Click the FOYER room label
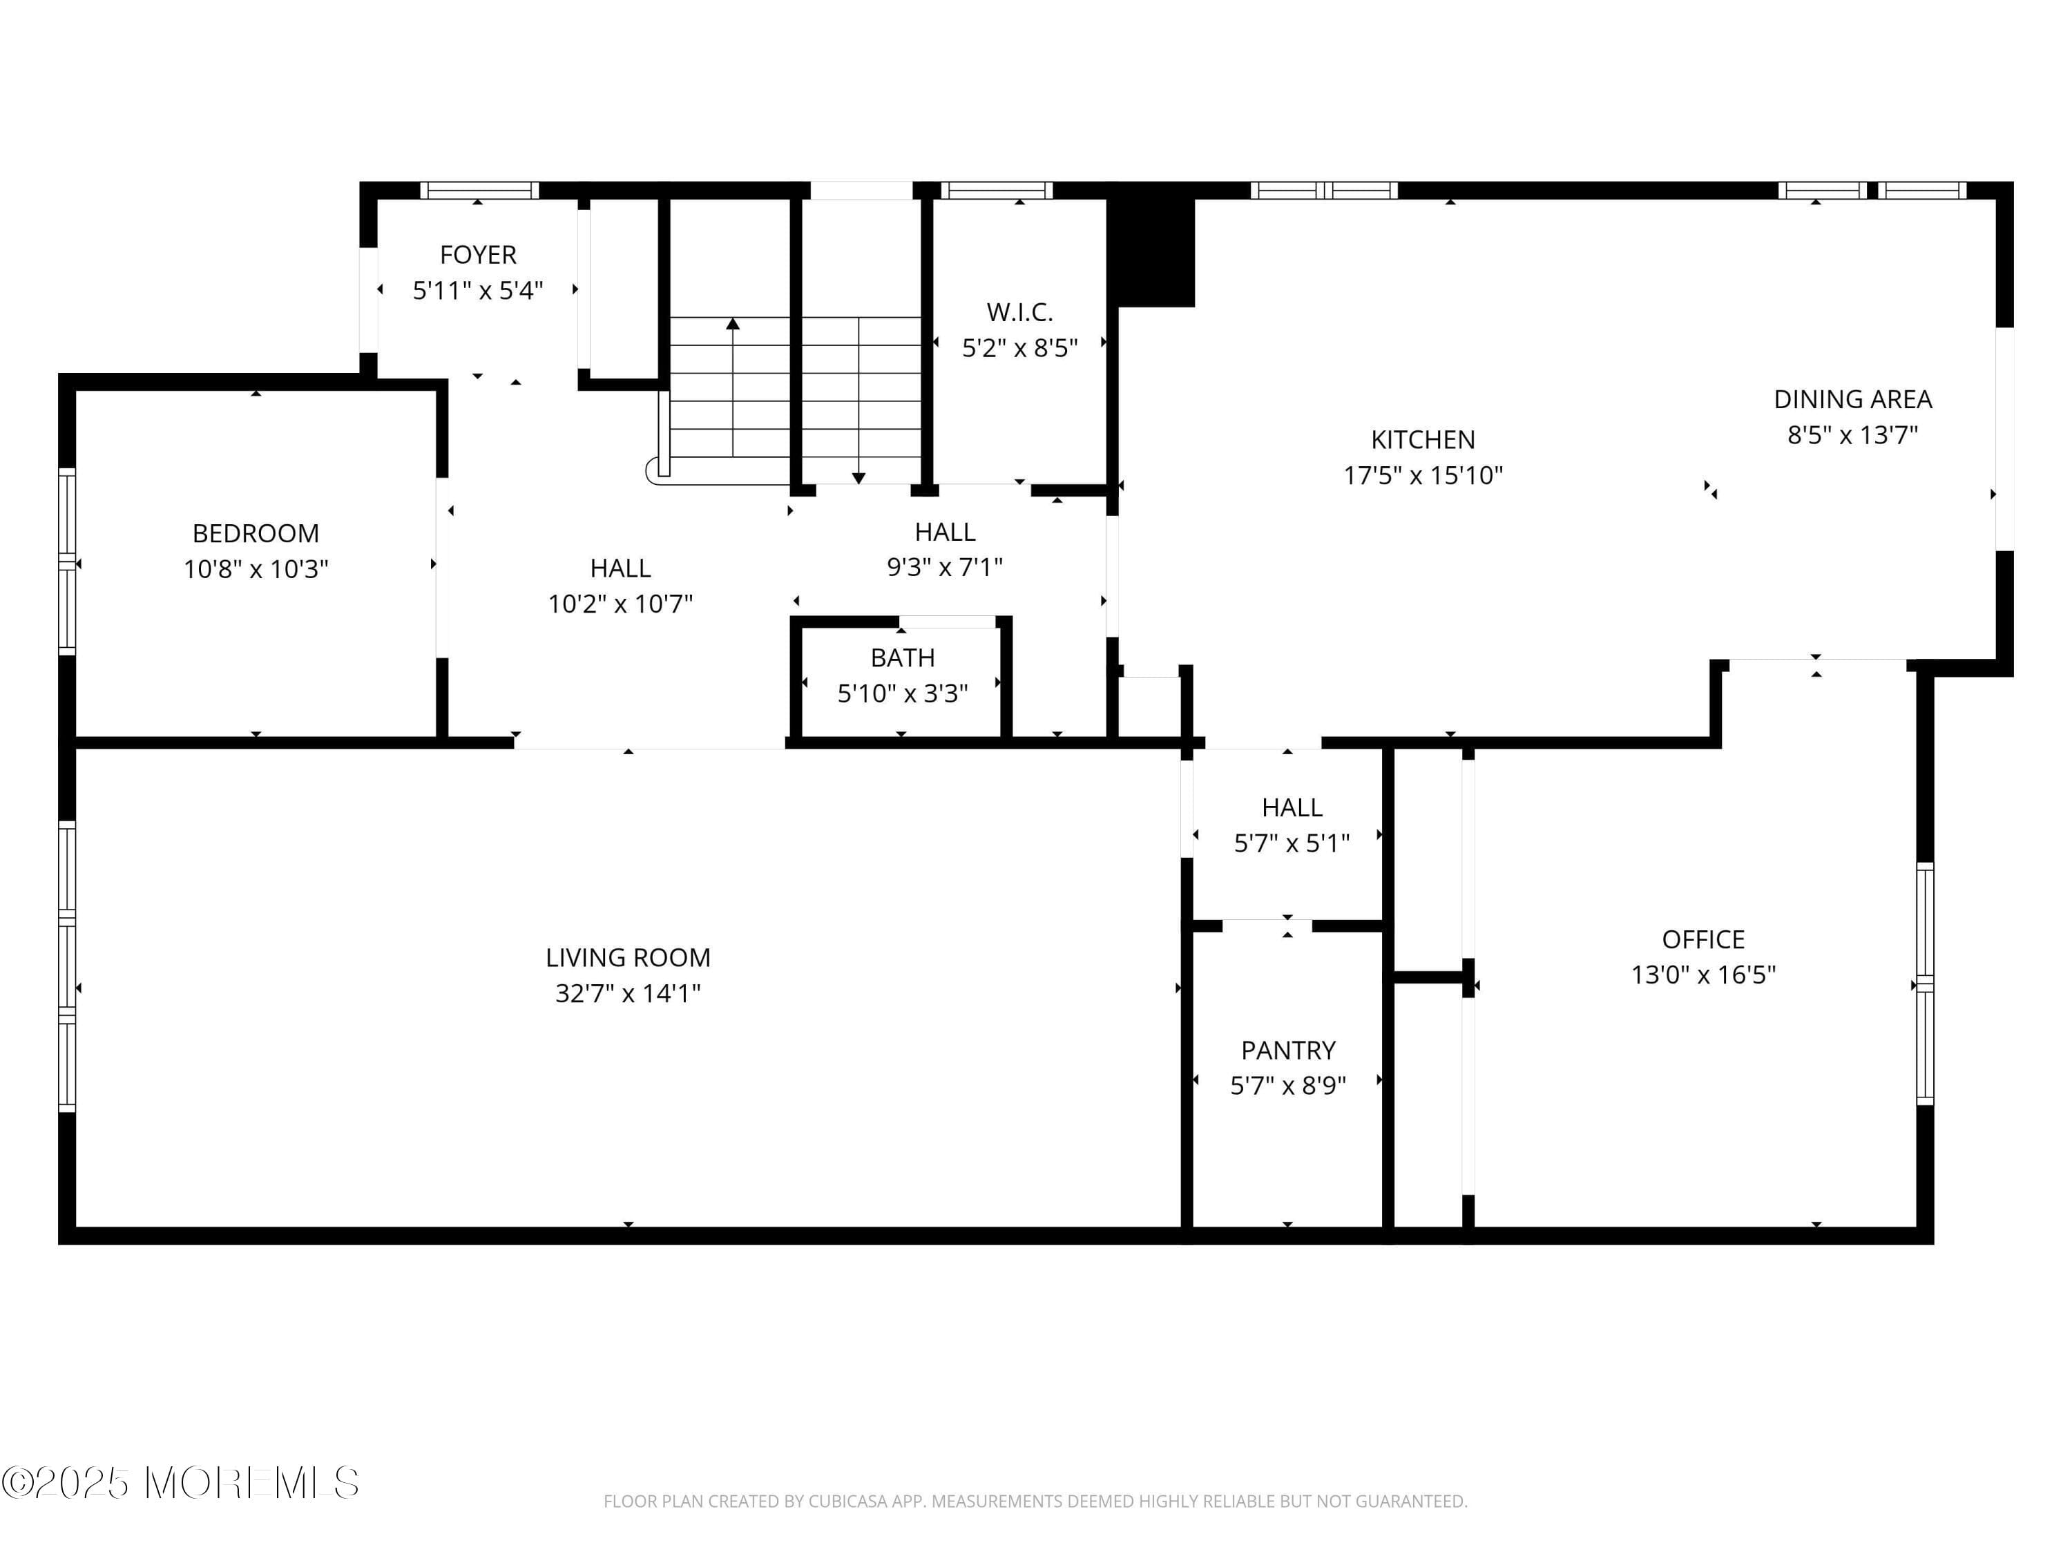[478, 255]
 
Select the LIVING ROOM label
[628, 957]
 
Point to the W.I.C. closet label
[1019, 312]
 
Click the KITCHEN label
[1422, 439]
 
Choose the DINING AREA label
[1852, 399]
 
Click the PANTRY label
[1288, 1050]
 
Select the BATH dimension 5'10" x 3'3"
[902, 694]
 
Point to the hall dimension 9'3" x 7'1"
[944, 568]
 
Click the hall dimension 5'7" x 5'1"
[1291, 844]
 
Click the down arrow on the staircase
[858, 478]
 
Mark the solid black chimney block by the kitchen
[1151, 248]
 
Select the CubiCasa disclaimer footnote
[1035, 1502]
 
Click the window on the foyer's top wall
[479, 190]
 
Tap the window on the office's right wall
[1924, 984]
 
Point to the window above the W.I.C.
[996, 190]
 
